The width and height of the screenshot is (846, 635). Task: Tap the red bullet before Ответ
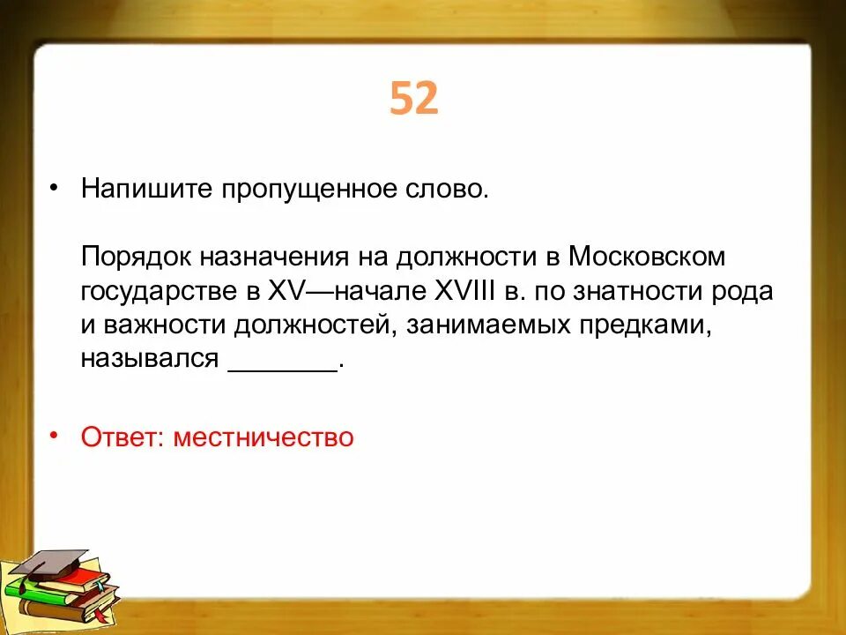(x=56, y=435)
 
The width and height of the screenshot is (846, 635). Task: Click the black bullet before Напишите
(x=56, y=189)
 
